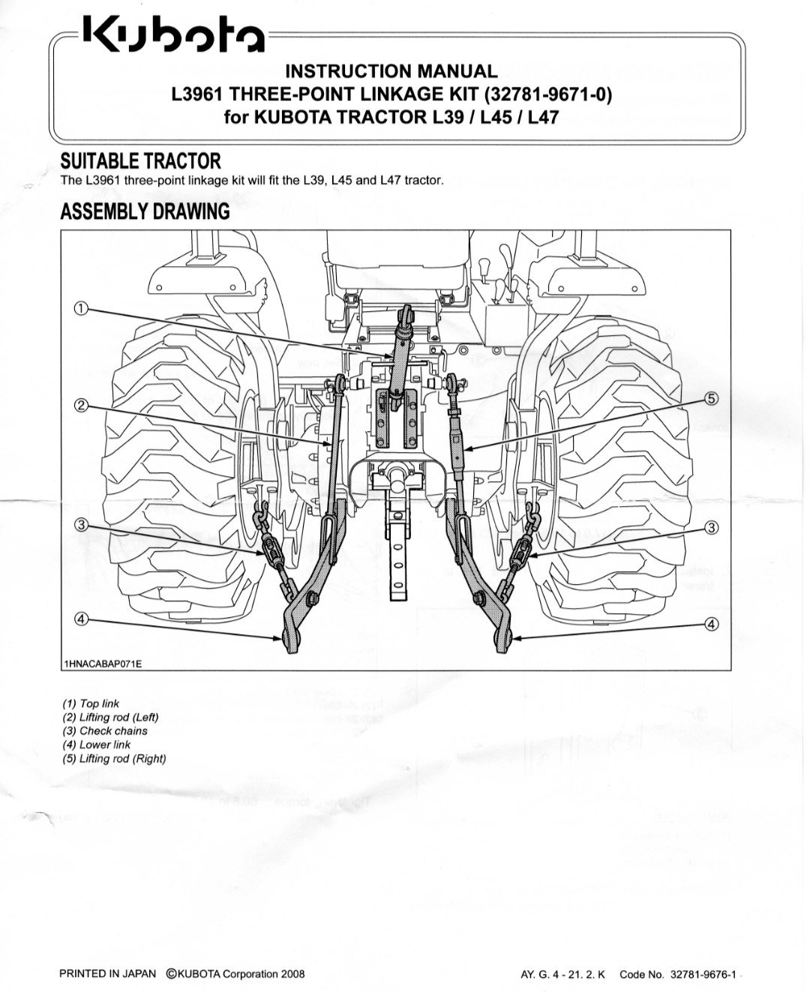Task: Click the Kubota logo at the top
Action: point(173,34)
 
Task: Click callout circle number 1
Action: point(81,309)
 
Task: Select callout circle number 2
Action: point(81,404)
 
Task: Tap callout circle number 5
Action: point(711,398)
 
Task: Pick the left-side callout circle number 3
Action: point(81,524)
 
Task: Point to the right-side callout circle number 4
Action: point(711,624)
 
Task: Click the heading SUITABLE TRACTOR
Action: point(141,161)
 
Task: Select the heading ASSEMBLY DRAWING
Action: point(145,211)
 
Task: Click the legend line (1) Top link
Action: point(91,703)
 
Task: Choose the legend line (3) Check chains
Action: point(105,730)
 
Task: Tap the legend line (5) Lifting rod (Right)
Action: point(114,758)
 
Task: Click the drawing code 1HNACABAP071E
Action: point(103,664)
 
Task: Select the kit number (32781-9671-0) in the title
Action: point(548,94)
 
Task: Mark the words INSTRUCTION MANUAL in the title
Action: point(391,71)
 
